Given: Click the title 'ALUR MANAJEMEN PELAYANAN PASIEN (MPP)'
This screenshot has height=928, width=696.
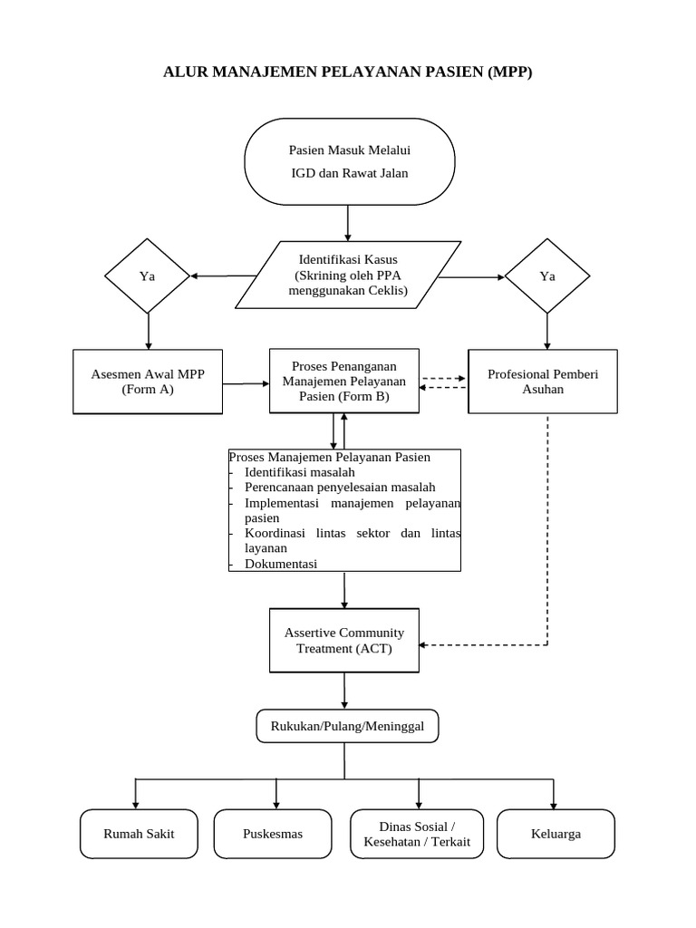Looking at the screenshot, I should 348,72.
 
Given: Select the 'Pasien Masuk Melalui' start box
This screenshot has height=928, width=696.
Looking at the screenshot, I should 349,161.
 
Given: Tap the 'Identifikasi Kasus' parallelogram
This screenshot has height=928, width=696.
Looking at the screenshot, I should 348,275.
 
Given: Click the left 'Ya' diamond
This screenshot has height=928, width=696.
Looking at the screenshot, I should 147,275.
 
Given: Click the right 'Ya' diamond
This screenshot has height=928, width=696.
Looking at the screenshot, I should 546,275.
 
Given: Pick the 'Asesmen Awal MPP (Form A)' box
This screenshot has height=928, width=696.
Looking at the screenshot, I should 147,382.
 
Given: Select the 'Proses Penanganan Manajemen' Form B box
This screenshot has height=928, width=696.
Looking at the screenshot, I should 343,381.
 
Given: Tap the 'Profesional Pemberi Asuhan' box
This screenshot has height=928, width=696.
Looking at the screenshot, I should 542,382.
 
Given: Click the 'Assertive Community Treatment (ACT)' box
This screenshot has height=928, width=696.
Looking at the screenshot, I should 343,640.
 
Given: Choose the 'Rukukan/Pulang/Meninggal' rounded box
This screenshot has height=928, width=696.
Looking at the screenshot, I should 348,725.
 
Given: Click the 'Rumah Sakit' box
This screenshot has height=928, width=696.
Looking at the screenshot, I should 139,834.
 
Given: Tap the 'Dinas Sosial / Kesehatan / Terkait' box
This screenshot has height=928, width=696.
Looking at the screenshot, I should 417,834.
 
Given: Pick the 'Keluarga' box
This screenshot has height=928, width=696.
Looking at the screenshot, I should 556,834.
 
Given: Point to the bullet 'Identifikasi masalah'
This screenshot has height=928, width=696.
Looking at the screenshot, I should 299,472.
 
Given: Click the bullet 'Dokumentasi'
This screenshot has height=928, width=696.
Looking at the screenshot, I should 280,563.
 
